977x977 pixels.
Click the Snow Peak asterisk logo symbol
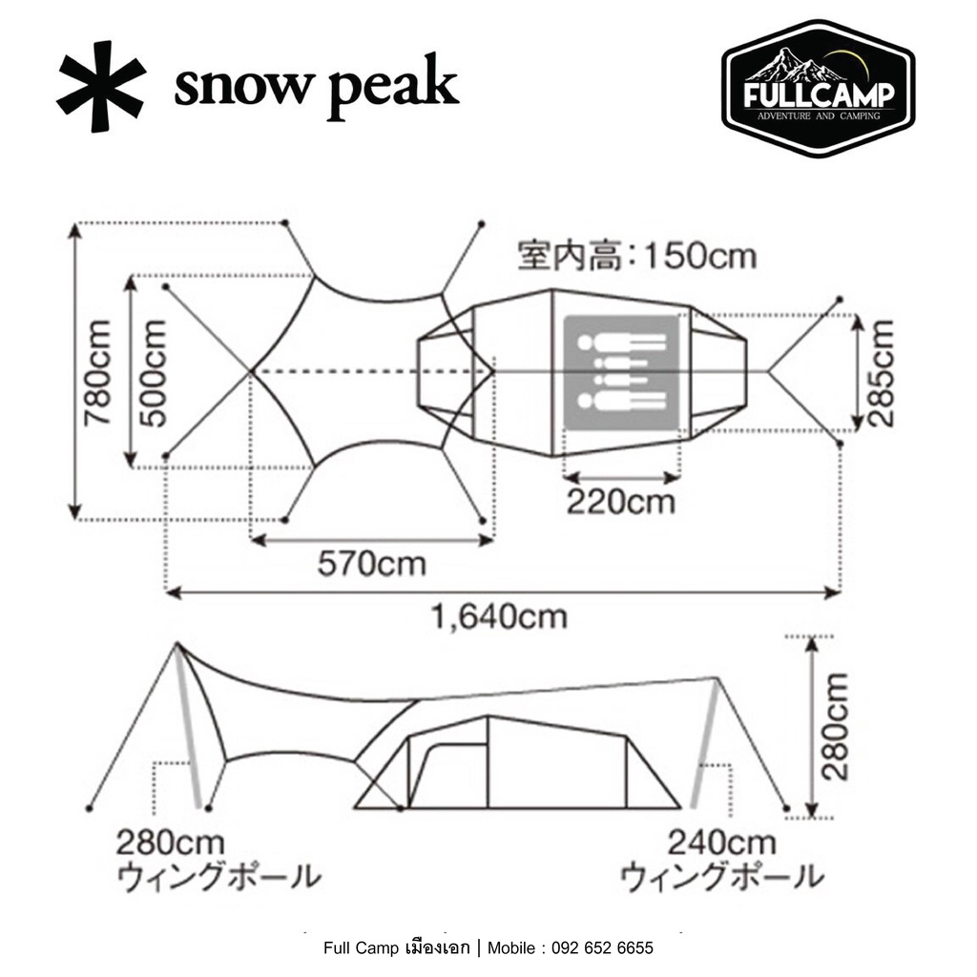click(x=101, y=86)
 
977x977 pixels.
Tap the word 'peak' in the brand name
click(x=393, y=91)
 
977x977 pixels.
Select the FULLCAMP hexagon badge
click(x=818, y=89)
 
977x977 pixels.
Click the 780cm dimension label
click(x=98, y=373)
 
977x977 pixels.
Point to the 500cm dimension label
click(x=154, y=373)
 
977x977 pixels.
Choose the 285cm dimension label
click(x=880, y=373)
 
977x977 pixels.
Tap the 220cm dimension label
click(x=620, y=502)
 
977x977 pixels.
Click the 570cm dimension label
click(x=372, y=565)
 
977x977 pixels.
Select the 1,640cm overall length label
click(x=499, y=617)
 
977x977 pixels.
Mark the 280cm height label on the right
click(x=835, y=727)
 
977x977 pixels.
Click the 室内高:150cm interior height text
click(x=637, y=256)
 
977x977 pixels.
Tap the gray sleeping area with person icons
click(x=621, y=373)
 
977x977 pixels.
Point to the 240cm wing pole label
click(x=721, y=861)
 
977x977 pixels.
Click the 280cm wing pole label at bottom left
click(x=218, y=861)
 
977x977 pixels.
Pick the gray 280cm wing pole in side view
click(x=189, y=726)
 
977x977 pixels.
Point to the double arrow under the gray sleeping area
click(x=621, y=479)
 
